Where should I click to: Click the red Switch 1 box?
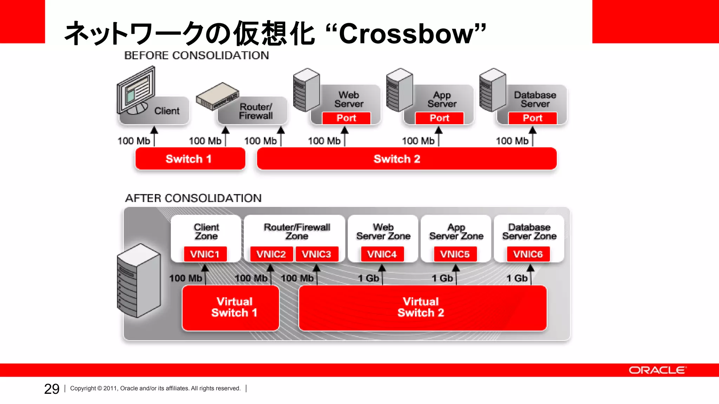190,159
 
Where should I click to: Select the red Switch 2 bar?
407,159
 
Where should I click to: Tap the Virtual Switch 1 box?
231,308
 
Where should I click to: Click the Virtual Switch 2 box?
422,308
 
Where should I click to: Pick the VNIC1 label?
205,254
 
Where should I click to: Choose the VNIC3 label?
317,254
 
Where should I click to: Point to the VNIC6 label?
528,254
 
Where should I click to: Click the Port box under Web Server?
346,118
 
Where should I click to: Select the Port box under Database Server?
533,118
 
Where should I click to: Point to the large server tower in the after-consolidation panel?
139,281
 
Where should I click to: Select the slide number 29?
52,389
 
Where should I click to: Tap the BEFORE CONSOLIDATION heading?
197,55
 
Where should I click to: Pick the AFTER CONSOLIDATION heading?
193,198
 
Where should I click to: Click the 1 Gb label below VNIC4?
368,278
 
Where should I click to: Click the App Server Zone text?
456,232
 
